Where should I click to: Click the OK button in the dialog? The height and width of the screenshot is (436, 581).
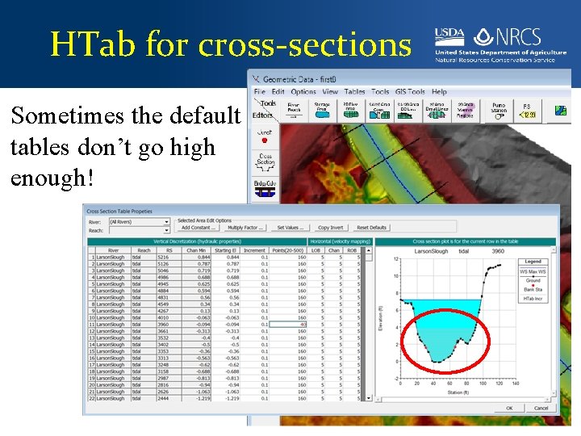pos(509,408)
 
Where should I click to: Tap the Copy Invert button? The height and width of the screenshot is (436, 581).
pos(330,228)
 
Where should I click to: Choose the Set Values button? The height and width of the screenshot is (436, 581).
pos(290,228)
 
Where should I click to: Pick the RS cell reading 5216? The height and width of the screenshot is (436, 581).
pos(165,257)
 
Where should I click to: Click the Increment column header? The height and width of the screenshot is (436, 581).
pos(256,250)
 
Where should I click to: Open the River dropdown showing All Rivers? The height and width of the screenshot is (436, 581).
pos(140,220)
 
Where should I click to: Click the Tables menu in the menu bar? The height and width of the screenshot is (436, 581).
pos(355,92)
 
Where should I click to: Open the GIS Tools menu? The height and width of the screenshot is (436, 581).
pos(410,92)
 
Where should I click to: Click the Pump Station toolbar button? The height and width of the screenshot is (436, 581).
pos(498,107)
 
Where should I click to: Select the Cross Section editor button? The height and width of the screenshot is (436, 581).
pos(265,160)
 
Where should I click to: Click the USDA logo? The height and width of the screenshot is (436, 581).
pos(449,36)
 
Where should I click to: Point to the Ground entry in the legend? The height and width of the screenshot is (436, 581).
pos(533,281)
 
